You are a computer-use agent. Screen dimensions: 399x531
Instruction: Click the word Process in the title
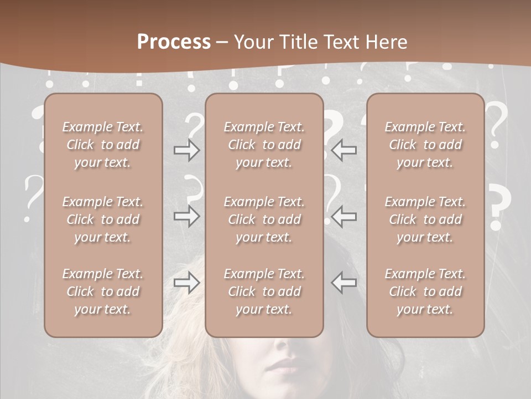pos(174,42)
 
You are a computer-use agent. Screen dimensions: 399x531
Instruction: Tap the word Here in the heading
pos(386,42)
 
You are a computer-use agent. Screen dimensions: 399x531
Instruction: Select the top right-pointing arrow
pos(186,150)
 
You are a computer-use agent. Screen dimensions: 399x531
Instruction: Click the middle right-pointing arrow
pos(186,216)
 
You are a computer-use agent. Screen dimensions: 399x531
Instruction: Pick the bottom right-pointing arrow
pos(186,283)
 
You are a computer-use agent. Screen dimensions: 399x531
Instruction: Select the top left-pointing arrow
pos(344,150)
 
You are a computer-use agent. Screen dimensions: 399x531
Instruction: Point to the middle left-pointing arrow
pos(344,216)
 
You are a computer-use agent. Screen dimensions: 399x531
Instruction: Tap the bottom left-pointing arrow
pos(344,283)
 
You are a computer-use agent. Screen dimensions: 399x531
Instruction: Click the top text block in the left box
pos(103,145)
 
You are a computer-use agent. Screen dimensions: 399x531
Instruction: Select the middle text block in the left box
pos(103,219)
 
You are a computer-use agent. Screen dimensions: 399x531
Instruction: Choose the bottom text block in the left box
pos(103,291)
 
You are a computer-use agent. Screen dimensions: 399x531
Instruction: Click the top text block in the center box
pos(264,145)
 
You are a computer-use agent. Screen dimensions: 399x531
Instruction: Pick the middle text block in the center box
pos(264,219)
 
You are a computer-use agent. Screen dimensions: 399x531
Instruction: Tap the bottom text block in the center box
pos(264,291)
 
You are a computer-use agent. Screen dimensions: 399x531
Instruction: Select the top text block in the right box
pos(425,145)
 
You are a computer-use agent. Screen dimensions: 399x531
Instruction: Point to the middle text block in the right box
pos(425,219)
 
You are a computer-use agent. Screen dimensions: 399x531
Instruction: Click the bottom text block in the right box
pos(425,291)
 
